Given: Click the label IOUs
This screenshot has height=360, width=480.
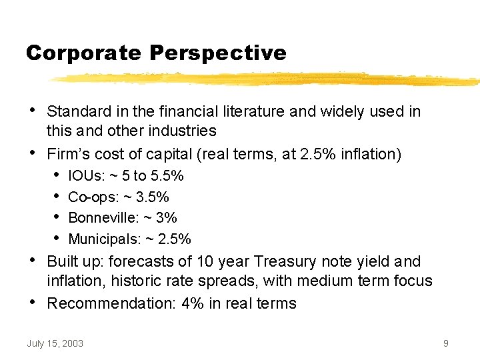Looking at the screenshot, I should (x=84, y=176).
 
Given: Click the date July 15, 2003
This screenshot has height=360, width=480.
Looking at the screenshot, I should (x=55, y=343).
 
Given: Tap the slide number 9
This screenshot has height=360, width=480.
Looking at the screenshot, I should (x=445, y=343).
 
